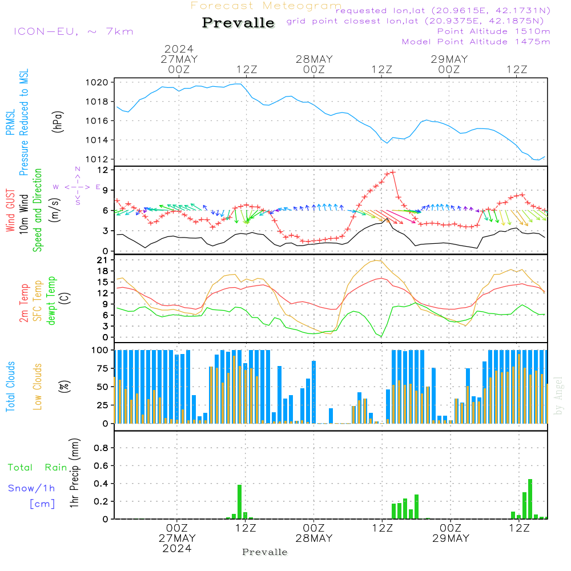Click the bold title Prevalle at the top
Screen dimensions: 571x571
point(238,23)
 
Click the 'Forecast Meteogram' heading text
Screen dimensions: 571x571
point(266,6)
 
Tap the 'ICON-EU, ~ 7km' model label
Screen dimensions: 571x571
point(73,31)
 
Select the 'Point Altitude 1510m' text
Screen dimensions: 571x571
point(493,31)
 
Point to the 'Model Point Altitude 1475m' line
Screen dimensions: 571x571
point(476,42)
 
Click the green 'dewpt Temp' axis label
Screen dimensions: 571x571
point(52,301)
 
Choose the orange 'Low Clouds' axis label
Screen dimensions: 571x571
point(38,386)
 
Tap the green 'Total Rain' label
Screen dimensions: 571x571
point(38,468)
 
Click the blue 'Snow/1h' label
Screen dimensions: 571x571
point(31,488)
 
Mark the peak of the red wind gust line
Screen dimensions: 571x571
point(392,171)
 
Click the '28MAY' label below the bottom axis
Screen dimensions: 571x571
point(313,538)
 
